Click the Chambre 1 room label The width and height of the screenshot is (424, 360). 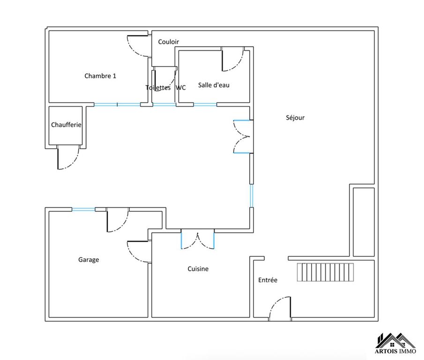click(x=100, y=76)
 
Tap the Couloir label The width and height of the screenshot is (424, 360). click(x=168, y=42)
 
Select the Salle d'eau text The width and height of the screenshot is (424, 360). click(x=214, y=85)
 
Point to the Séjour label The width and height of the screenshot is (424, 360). click(x=295, y=118)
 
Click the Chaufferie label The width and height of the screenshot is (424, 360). click(x=66, y=125)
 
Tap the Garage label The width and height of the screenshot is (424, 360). click(x=89, y=260)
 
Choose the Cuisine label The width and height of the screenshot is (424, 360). click(x=198, y=269)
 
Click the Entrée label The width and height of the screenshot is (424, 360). click(x=268, y=280)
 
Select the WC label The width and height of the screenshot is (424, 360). click(x=181, y=88)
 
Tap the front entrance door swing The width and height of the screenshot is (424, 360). click(x=280, y=309)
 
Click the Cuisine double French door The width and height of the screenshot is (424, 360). click(x=198, y=239)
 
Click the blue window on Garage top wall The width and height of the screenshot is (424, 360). click(x=83, y=210)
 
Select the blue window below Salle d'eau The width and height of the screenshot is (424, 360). click(x=204, y=105)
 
